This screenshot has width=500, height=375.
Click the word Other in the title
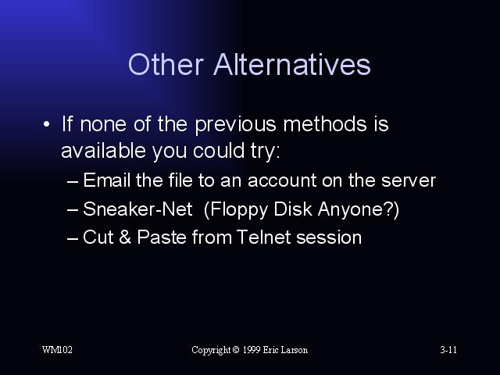coord(166,64)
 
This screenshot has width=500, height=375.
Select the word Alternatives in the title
coord(291,64)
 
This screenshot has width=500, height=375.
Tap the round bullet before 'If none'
coord(47,124)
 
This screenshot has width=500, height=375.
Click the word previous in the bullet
coord(235,125)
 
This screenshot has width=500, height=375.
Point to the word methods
coord(325,123)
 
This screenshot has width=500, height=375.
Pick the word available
coord(103,150)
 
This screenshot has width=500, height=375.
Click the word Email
coord(107,180)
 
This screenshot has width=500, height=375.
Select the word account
coord(282,180)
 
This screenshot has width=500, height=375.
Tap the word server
coord(408,180)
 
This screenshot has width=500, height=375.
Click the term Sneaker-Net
coord(137,209)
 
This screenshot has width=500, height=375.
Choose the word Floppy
coord(236,210)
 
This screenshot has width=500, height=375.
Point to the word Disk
coord(293,209)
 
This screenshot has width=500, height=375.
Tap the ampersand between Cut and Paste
coord(125,237)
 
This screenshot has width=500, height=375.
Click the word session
coord(329,237)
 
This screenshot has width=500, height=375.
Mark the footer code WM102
coord(57,350)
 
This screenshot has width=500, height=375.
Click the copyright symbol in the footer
coord(236,350)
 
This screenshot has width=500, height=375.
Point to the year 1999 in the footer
coord(252,350)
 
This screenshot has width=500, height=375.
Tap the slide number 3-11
coord(448,350)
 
